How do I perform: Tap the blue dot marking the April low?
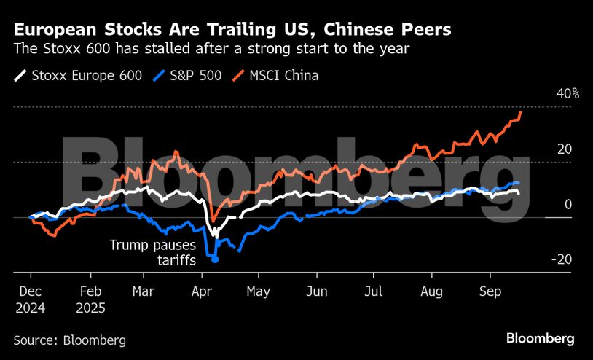[x=214, y=259]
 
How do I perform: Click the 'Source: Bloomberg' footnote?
[x=70, y=340]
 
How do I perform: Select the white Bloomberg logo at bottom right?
[x=540, y=339]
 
